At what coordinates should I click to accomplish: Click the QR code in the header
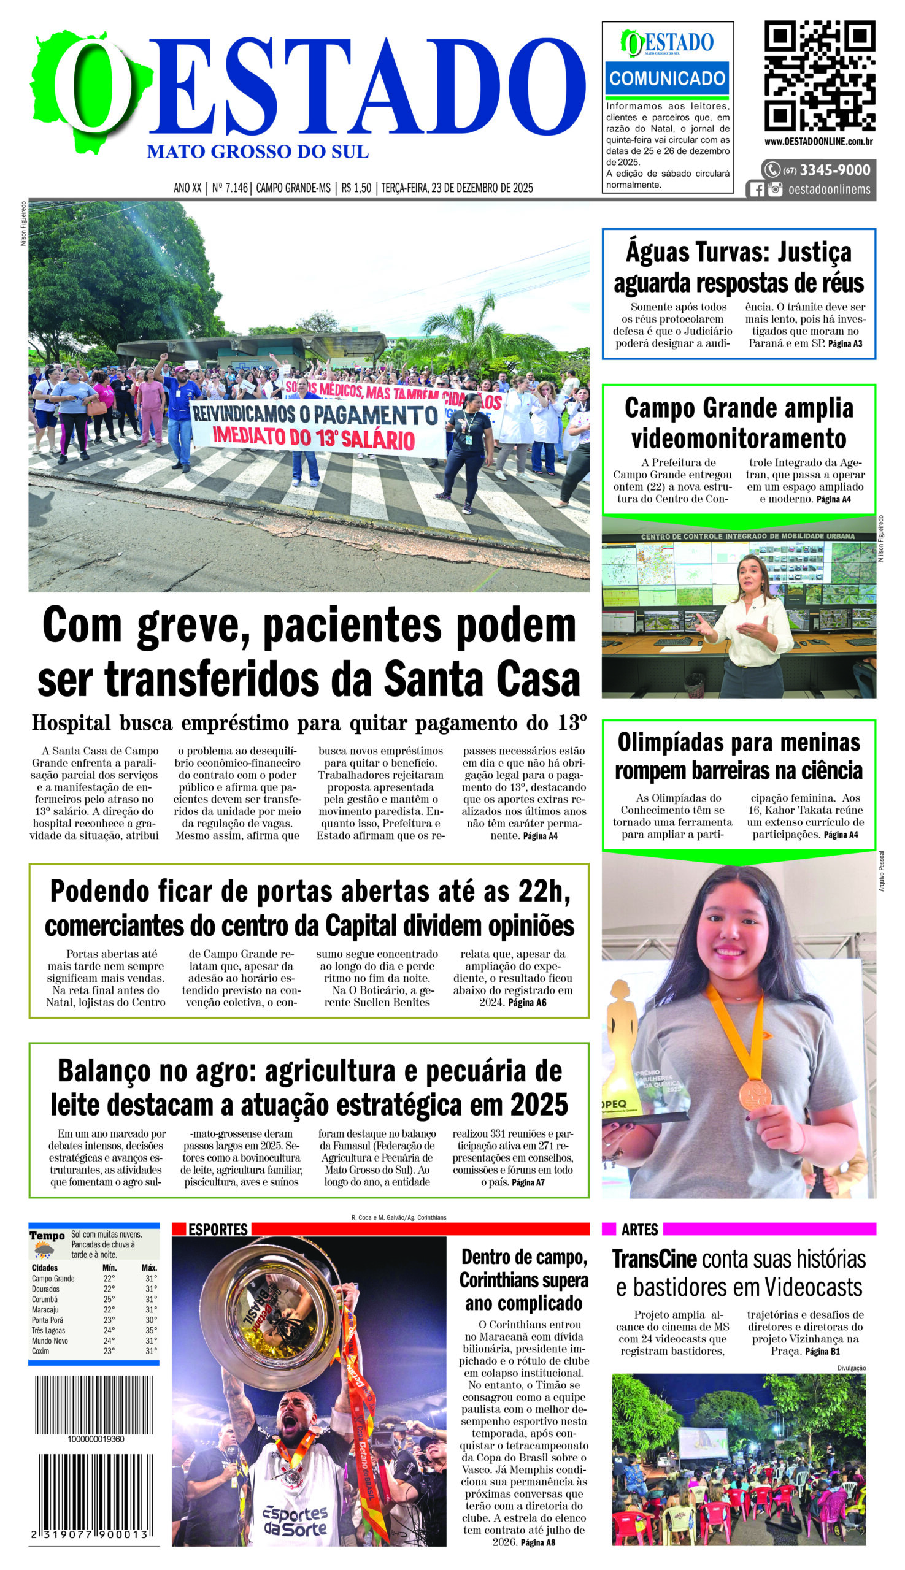819,76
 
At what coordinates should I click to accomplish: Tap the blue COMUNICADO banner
667,78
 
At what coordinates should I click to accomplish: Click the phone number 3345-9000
834,170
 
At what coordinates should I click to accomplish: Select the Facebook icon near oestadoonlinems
757,190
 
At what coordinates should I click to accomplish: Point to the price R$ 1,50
356,188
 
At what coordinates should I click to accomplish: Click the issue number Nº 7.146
230,188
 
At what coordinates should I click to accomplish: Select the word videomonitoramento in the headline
739,438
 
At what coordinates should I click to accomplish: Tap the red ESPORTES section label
218,1230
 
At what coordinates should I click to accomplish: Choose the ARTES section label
639,1230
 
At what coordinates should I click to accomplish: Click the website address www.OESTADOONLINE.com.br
818,142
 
